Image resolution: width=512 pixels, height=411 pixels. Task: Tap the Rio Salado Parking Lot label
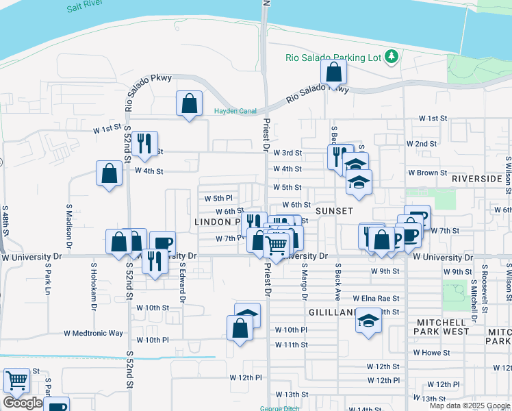[x=333, y=58]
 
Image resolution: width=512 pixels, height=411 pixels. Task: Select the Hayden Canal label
[x=235, y=111]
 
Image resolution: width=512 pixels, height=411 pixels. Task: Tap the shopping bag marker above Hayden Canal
[x=189, y=104]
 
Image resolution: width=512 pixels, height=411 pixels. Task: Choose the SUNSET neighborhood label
[x=334, y=211]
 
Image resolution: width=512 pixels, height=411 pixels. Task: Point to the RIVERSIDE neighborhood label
[x=477, y=179]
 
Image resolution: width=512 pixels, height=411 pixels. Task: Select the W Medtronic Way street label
[x=93, y=334]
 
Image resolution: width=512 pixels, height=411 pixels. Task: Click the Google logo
[x=23, y=403]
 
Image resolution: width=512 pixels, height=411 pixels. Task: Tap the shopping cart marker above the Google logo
[x=16, y=380]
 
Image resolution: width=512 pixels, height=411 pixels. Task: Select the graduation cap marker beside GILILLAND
[x=368, y=321]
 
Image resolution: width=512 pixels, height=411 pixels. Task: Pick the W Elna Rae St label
[x=376, y=299]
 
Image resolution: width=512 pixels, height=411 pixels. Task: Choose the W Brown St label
[x=428, y=173]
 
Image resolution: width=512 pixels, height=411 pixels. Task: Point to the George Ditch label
[x=280, y=409]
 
